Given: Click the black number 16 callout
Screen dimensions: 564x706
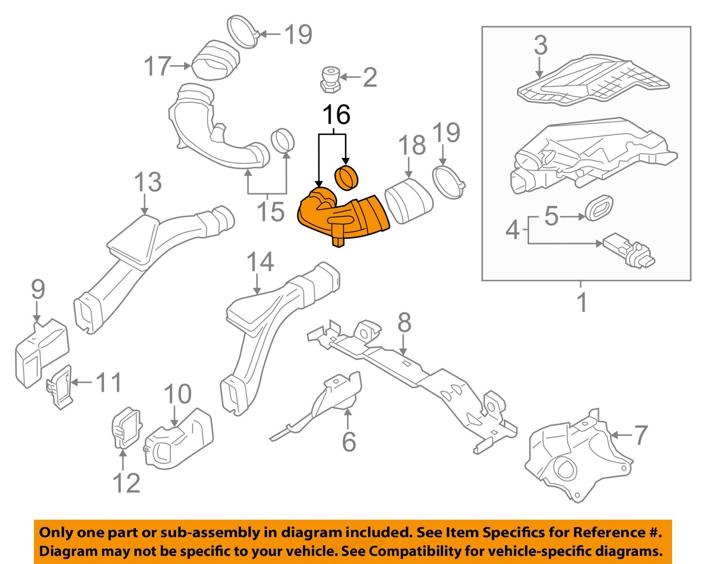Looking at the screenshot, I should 336,114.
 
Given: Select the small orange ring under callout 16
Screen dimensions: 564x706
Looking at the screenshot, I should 346,178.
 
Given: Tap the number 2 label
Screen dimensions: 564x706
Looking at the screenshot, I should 369,77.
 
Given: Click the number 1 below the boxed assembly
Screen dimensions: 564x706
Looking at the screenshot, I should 582,302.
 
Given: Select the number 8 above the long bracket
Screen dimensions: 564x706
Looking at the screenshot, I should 404,323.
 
